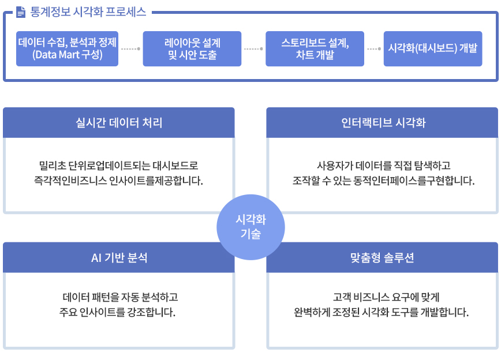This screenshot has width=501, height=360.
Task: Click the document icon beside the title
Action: (x=21, y=12)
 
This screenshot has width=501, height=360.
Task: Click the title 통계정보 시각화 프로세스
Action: (x=88, y=12)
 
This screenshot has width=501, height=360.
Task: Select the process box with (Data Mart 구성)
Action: (x=67, y=48)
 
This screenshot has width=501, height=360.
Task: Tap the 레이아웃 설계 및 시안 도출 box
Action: (x=192, y=48)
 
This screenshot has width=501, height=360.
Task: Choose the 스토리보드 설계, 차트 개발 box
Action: (x=315, y=48)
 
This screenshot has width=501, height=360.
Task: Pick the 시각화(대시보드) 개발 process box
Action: (x=433, y=48)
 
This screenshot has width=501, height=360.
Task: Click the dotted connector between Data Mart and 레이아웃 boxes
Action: (x=130, y=49)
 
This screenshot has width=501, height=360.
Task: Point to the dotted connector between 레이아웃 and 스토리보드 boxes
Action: (x=253, y=49)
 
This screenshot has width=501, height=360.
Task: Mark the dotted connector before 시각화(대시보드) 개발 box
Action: (x=374, y=49)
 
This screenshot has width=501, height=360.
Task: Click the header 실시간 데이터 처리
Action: (x=119, y=123)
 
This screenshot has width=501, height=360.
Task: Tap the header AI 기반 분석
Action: (x=119, y=257)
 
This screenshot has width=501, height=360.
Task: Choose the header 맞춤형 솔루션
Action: (x=382, y=257)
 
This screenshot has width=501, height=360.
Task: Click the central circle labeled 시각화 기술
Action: (x=250, y=227)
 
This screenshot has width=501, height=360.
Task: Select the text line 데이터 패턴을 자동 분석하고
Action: (x=120, y=297)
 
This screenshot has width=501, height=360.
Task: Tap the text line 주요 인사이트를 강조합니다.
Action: (x=117, y=312)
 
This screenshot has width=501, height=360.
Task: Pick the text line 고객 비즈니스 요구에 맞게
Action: (x=386, y=297)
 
